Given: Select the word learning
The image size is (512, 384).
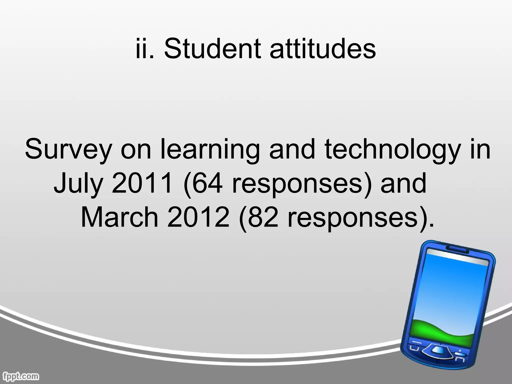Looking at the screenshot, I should click(209, 149).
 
